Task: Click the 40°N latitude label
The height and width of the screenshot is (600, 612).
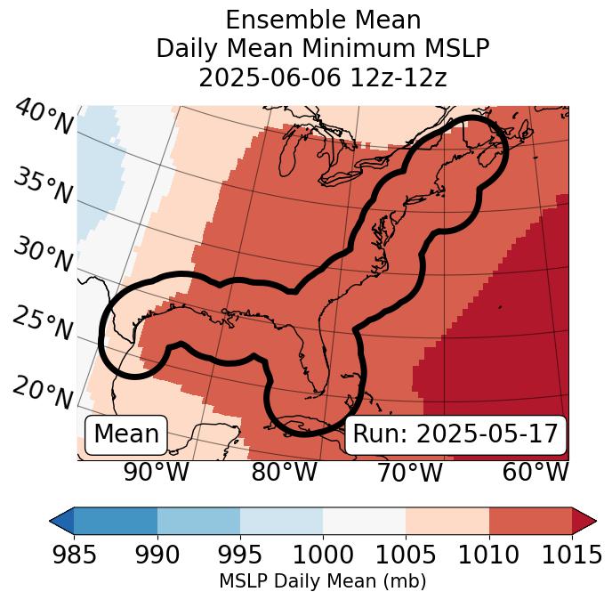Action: click(44, 118)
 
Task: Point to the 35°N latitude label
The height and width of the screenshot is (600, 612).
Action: click(44, 185)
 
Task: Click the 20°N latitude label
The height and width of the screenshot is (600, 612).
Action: click(44, 393)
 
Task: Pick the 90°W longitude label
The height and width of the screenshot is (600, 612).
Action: click(156, 473)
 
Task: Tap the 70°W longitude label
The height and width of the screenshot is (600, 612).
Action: click(409, 473)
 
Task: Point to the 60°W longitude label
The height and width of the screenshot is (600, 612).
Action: click(535, 473)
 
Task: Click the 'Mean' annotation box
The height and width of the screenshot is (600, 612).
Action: click(126, 434)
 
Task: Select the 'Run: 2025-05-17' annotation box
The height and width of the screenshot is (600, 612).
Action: click(455, 434)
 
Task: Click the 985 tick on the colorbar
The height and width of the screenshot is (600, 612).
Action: click(74, 555)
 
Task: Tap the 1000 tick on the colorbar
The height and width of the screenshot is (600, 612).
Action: click(323, 555)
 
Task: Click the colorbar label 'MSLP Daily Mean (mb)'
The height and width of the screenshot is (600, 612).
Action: click(322, 581)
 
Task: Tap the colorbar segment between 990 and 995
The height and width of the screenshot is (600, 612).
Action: click(198, 520)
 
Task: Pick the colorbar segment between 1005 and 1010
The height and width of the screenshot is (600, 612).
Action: click(447, 520)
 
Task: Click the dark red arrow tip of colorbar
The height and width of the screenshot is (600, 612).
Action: click(584, 520)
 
